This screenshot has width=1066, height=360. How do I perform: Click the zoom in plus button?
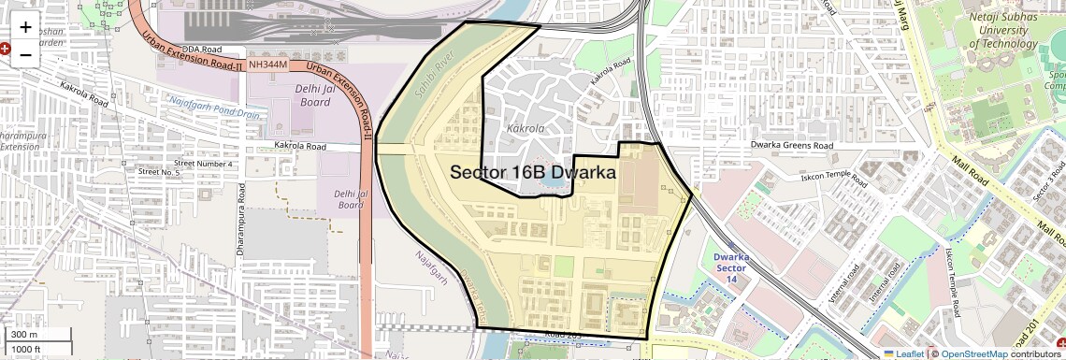point(25,28)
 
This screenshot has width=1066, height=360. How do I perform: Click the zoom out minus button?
point(25,54)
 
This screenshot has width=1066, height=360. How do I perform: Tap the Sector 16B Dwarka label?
point(533,173)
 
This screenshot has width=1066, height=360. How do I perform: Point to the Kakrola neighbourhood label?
point(524,126)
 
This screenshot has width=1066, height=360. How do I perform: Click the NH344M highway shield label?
point(267,65)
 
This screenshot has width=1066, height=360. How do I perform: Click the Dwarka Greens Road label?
point(792,146)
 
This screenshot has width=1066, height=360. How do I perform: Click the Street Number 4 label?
point(203,164)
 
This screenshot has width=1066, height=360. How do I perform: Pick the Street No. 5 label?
point(158,172)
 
